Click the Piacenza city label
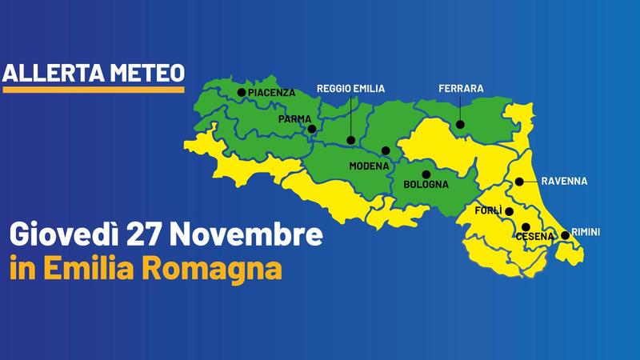(x=272, y=94)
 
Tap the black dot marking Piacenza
(x=242, y=93)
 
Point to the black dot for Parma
(x=312, y=128)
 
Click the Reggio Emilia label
(x=351, y=88)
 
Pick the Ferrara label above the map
(x=461, y=88)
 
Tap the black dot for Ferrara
(x=461, y=124)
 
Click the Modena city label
(x=369, y=166)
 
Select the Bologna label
(x=426, y=185)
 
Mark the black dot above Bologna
(x=426, y=174)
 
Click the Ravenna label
(x=564, y=181)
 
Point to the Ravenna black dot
(x=519, y=182)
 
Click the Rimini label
(x=586, y=232)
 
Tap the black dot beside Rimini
(x=565, y=235)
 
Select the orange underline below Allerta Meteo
(x=94, y=90)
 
